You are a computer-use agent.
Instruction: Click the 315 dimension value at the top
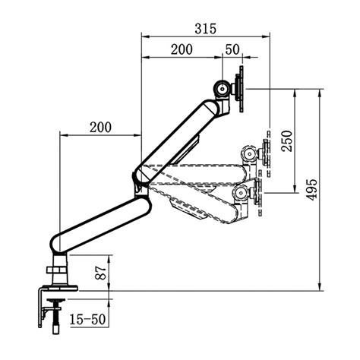(x=205, y=29)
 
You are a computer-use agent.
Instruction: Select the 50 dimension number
(x=232, y=49)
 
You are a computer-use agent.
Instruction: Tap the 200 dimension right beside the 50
(x=181, y=49)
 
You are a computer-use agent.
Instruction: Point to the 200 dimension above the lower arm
(x=100, y=127)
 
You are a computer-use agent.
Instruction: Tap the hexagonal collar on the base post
(x=58, y=270)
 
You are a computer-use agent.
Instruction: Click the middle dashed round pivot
(x=247, y=154)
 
